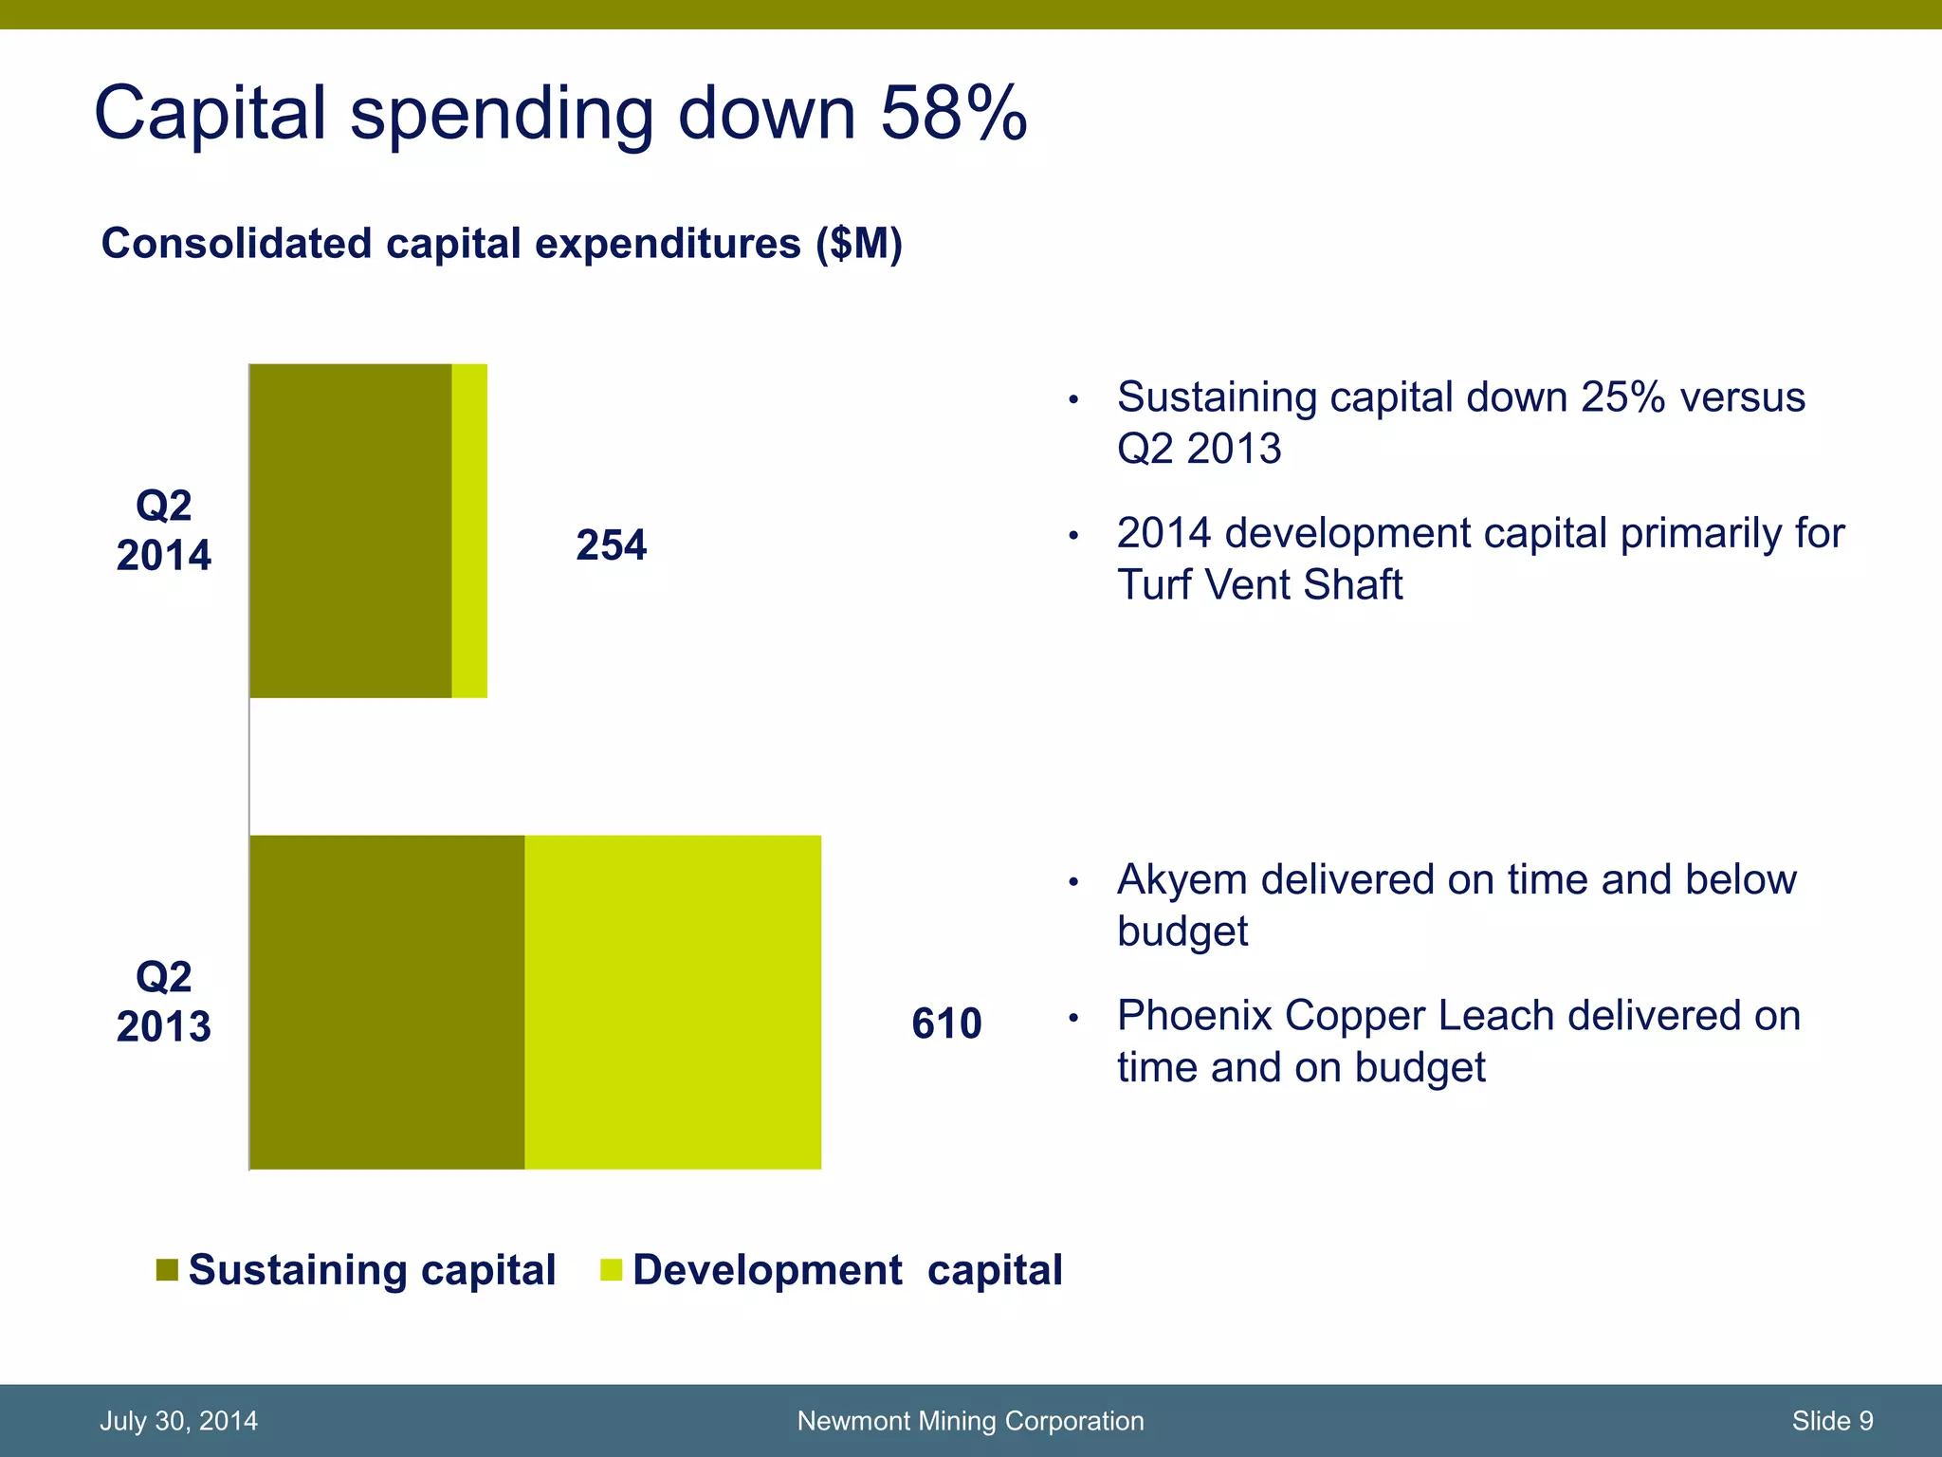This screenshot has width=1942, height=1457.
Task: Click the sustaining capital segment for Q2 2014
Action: (x=351, y=531)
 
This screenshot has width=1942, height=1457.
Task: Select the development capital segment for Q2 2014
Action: (x=469, y=531)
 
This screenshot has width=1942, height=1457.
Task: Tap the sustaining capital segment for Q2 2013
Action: (x=387, y=1003)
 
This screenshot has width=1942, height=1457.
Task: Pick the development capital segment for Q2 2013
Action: (x=673, y=1003)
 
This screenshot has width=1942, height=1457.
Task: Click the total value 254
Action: (x=612, y=546)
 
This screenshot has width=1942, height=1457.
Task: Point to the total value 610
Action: (x=946, y=1024)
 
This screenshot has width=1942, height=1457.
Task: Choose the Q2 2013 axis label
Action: (x=164, y=1003)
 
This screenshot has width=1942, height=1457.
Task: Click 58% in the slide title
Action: (x=953, y=114)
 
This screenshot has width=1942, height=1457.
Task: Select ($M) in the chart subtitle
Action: (x=859, y=244)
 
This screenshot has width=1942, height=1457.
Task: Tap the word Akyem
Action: (x=1182, y=880)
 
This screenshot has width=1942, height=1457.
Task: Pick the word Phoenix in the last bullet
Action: (x=1195, y=1016)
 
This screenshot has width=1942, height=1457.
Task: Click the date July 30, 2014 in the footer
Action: (x=178, y=1421)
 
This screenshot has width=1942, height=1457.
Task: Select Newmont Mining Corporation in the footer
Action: (x=970, y=1421)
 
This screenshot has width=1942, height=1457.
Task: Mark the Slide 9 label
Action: (x=1832, y=1421)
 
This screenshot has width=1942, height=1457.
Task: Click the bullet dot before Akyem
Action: (x=1073, y=883)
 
